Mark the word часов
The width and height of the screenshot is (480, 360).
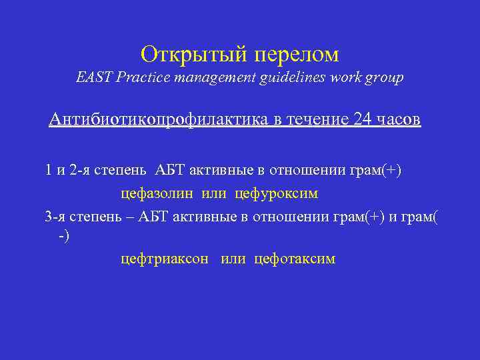[399, 120]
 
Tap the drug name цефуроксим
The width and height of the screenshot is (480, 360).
[276, 194]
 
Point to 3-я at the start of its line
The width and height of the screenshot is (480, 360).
[55, 215]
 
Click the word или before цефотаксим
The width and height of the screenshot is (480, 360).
[233, 259]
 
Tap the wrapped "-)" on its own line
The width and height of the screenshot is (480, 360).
[63, 236]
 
